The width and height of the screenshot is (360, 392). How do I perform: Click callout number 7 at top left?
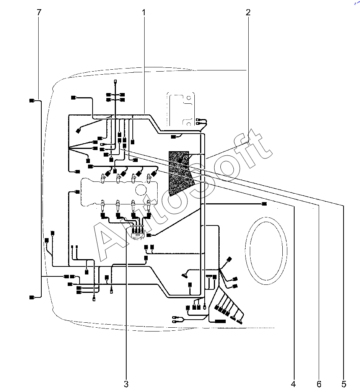tap(39, 12)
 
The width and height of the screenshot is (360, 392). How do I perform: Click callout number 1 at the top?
tap(143, 12)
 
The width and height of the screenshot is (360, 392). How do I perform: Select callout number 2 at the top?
tap(248, 12)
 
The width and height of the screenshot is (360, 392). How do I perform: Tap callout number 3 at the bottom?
tap(126, 384)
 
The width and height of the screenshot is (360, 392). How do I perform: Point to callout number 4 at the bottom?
tap(293, 384)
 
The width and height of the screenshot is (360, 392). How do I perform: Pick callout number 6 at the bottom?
tap(319, 384)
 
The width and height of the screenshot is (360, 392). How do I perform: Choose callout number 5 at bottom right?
tap(344, 384)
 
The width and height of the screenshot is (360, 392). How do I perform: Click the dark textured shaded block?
tap(180, 173)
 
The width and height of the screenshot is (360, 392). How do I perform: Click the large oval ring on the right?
tap(246, 250)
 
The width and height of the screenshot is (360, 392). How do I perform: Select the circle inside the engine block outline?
tap(141, 190)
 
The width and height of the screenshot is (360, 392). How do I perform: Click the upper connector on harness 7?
tap(32, 101)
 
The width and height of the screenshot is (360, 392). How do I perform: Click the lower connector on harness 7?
tap(32, 297)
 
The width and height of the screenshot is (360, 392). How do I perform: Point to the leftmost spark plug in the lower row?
tap(103, 205)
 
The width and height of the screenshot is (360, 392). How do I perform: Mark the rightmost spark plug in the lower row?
tap(149, 205)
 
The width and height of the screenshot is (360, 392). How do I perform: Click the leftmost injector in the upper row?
tap(103, 178)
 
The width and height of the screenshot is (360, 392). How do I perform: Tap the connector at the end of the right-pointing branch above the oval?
tap(264, 204)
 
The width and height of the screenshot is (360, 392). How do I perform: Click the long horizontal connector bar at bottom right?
tap(220, 321)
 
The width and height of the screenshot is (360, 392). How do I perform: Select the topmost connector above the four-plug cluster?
tap(116, 82)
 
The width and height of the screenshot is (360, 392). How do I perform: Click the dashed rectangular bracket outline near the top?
tap(181, 109)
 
